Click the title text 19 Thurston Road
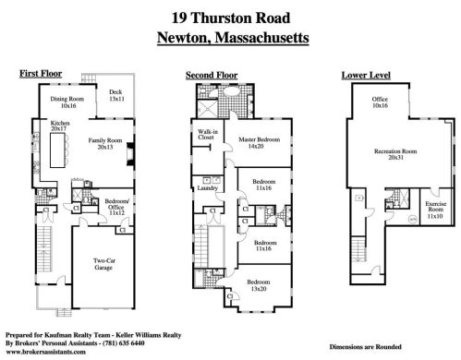tap(230, 18)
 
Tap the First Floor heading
tap(39, 73)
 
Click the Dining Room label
tap(61, 104)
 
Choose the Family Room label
tap(104, 143)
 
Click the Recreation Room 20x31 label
tap(395, 153)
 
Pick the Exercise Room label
tap(435, 210)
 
